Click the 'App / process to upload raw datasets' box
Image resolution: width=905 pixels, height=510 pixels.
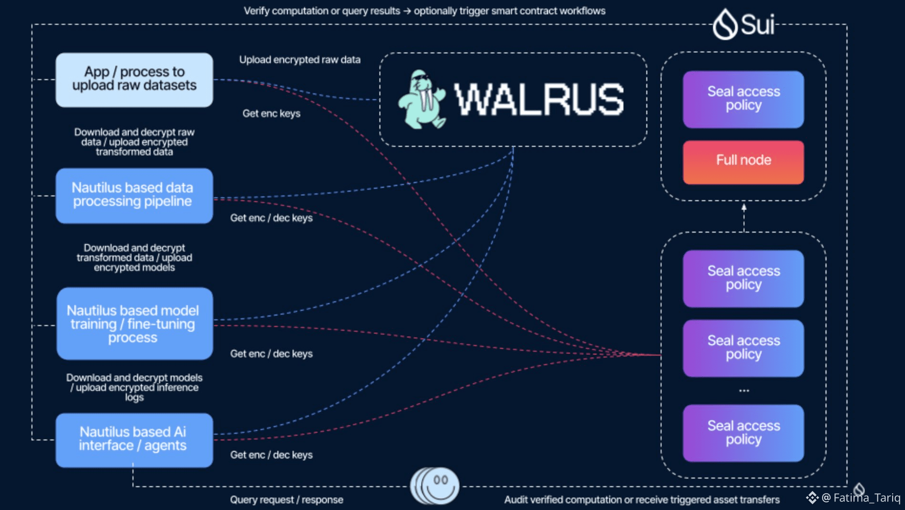click(x=134, y=80)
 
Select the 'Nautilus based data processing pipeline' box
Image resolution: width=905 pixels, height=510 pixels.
click(x=134, y=195)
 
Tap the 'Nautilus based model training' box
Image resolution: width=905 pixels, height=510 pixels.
click(x=134, y=324)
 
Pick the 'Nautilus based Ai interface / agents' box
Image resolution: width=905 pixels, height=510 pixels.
click(x=134, y=439)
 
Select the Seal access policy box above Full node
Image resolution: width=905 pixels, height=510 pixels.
click(x=743, y=99)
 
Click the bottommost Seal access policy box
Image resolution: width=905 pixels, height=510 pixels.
click(x=743, y=433)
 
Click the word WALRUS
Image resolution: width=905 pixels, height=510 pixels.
click(x=539, y=100)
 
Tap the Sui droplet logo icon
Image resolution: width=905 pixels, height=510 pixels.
click(x=725, y=24)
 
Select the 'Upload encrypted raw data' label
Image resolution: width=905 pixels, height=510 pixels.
click(x=299, y=60)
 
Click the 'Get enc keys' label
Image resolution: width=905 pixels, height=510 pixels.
click(x=271, y=114)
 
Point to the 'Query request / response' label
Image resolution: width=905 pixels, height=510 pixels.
click(x=286, y=500)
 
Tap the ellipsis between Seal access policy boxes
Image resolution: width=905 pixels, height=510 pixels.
click(x=744, y=391)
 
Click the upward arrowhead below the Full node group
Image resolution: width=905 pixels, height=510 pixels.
click(x=744, y=207)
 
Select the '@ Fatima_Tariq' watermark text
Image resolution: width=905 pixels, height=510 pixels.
click(x=861, y=498)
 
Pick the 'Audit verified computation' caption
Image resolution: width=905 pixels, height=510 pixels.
click(x=642, y=500)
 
